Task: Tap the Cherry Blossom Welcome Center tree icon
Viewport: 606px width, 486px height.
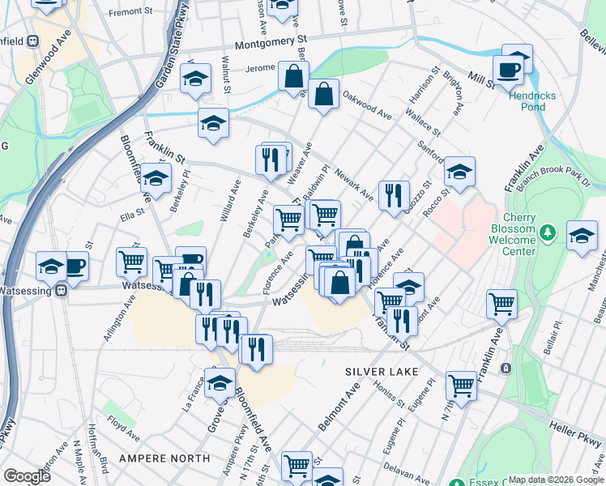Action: [x=548, y=234]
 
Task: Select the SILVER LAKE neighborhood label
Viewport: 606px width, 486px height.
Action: [x=382, y=371]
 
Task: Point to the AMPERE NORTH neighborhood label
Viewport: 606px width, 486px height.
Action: [x=164, y=458]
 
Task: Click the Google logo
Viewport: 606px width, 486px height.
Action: [x=27, y=476]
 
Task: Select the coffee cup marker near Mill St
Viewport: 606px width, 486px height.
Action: [x=508, y=70]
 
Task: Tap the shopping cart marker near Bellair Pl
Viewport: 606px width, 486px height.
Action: [x=501, y=305]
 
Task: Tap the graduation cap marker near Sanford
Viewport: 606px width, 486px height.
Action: [x=459, y=171]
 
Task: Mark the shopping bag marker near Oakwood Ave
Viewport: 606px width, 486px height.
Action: [x=323, y=94]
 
